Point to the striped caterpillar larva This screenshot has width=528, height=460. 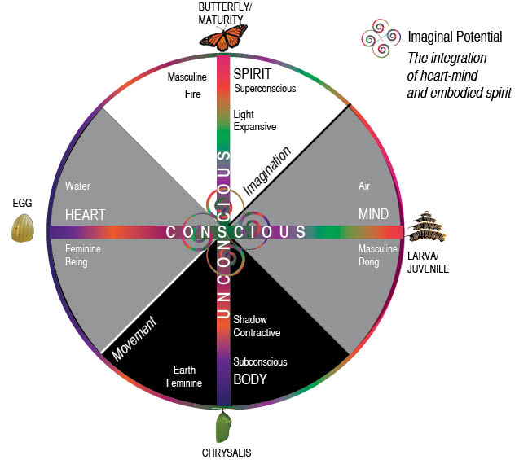(428, 227)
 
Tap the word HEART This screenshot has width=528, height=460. (86, 215)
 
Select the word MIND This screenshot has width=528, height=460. (374, 215)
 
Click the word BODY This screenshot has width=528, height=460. (251, 379)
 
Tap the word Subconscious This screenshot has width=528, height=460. (260, 362)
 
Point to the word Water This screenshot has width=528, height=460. (78, 186)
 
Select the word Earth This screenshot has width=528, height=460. (184, 370)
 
